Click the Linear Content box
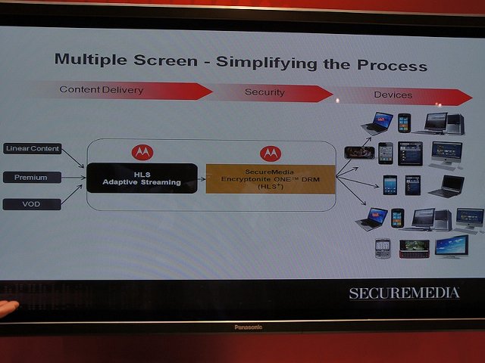click(x=33, y=148)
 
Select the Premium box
click(x=32, y=178)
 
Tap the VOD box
click(x=32, y=204)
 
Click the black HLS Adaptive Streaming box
click(x=142, y=178)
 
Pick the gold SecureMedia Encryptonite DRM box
click(x=271, y=179)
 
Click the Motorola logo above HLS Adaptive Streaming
click(x=142, y=152)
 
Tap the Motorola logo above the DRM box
click(x=271, y=154)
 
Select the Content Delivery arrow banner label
click(x=102, y=90)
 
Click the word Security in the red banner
click(x=264, y=92)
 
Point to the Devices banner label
click(x=393, y=95)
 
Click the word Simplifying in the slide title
click(x=267, y=63)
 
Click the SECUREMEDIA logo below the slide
click(x=404, y=293)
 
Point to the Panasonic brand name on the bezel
click(x=249, y=327)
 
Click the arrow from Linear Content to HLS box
click(x=73, y=158)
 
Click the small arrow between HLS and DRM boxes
click(x=202, y=179)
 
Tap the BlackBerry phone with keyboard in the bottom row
click(x=383, y=248)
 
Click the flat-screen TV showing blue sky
click(x=452, y=247)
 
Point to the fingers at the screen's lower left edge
click(x=8, y=308)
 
